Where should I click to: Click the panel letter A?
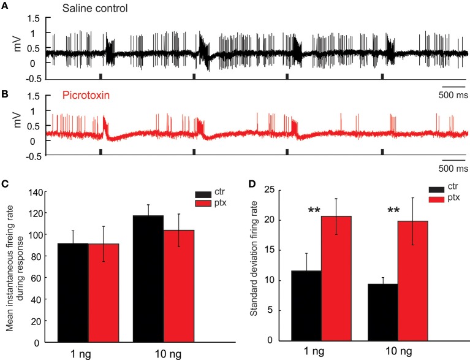pyautogui.click(x=5, y=6)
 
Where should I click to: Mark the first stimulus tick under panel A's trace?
pyautogui.click(x=101, y=76)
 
